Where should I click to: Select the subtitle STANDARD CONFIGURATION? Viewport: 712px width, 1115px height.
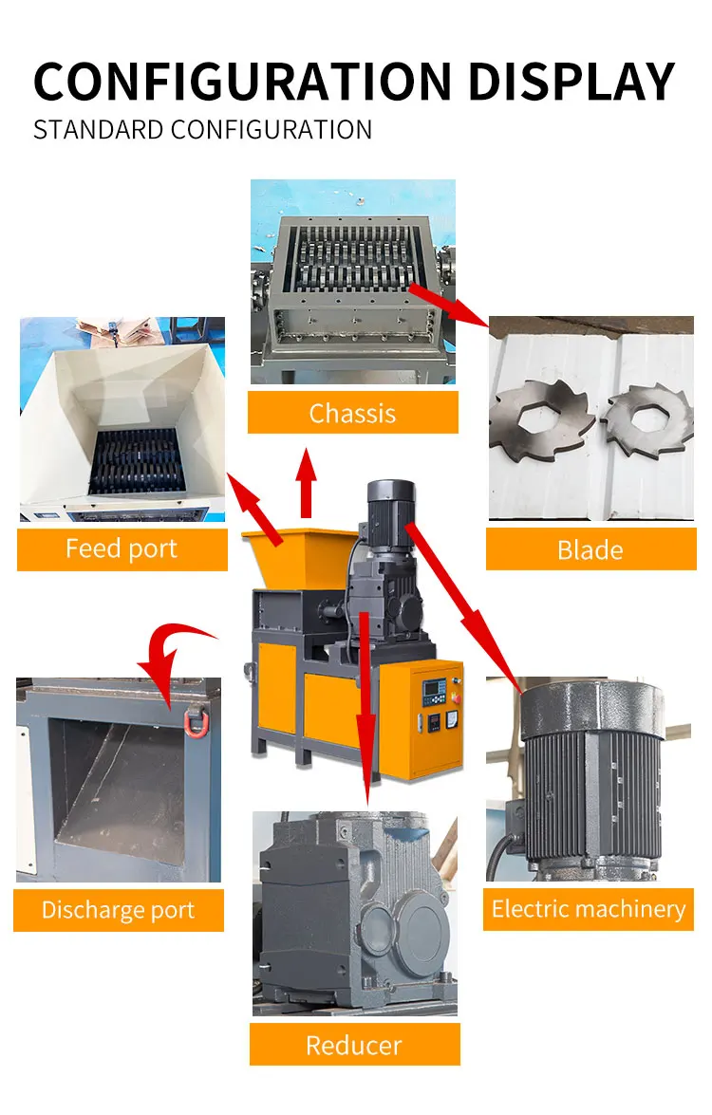(x=202, y=129)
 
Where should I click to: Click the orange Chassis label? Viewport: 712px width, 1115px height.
(x=352, y=413)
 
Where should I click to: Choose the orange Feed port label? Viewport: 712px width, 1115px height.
(x=122, y=548)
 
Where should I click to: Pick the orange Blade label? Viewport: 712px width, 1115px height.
(x=590, y=549)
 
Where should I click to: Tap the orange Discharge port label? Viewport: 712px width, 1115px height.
(x=118, y=910)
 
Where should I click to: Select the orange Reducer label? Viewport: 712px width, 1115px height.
(x=354, y=1045)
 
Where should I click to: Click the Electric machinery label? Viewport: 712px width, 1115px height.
(x=588, y=909)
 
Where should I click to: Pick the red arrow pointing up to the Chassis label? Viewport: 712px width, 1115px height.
(x=306, y=484)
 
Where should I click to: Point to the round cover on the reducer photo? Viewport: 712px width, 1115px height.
(x=411, y=922)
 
